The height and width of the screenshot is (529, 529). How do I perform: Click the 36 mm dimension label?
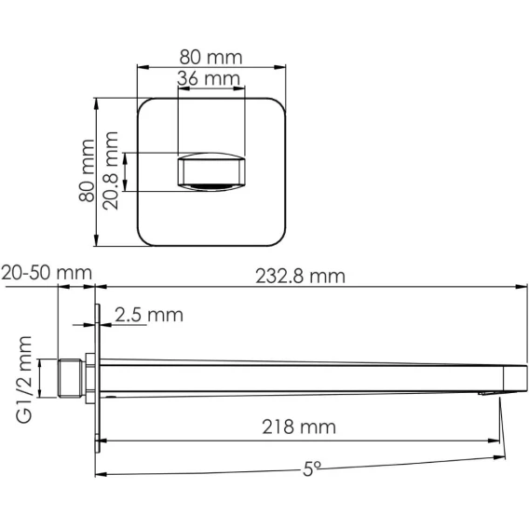(x=209, y=78)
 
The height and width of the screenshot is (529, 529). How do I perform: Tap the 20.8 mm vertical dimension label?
(x=111, y=170)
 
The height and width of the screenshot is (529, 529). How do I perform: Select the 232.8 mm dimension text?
(x=300, y=277)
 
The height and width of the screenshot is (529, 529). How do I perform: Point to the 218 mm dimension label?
(x=299, y=427)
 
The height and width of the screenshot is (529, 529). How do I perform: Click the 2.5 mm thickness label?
(x=149, y=315)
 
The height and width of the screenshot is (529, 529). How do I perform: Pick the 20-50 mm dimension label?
(x=47, y=273)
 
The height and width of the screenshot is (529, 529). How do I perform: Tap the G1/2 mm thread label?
(x=24, y=379)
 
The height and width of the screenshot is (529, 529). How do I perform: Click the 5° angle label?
(x=312, y=468)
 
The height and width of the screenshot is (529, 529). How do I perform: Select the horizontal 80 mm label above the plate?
(x=210, y=58)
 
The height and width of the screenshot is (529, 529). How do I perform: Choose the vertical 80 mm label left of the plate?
(x=87, y=170)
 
